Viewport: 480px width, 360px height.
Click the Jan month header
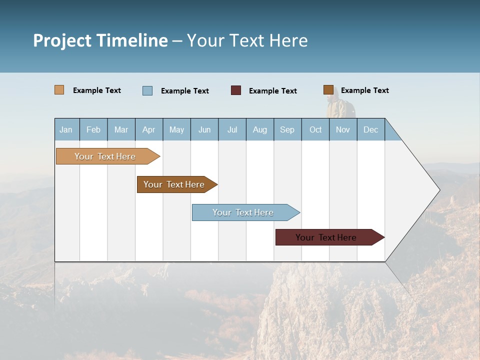[x=66, y=129]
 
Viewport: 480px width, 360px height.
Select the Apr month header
[x=149, y=129]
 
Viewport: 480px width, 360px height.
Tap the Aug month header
[x=260, y=129]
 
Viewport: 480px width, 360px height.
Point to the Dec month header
[x=371, y=129]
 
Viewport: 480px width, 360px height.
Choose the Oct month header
[x=315, y=129]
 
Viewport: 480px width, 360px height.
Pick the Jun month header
[x=204, y=129]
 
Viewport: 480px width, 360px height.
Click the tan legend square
[x=59, y=90]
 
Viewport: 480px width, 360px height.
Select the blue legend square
[x=147, y=90]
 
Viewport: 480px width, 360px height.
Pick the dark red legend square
[x=236, y=90]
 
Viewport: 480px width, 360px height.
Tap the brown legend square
[x=328, y=90]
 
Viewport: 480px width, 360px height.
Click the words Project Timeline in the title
[x=100, y=40]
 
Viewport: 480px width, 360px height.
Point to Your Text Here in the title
[x=247, y=40]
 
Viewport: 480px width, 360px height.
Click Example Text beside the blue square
[x=185, y=91]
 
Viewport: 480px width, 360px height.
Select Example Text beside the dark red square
[x=273, y=91]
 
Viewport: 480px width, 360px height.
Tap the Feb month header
[x=93, y=129]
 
